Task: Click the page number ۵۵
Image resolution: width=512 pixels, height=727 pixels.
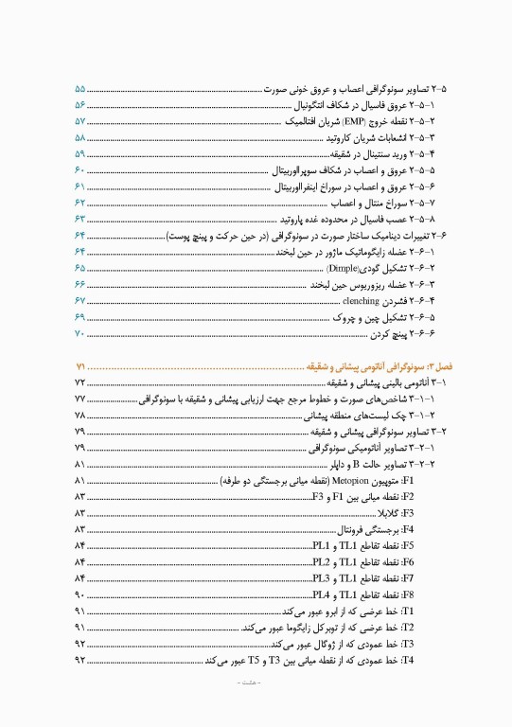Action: tap(79, 88)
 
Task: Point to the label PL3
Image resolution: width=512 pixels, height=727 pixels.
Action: tap(321, 579)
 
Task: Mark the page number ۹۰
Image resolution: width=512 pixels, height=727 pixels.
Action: tap(79, 595)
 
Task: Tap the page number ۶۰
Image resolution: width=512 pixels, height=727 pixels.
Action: tap(79, 170)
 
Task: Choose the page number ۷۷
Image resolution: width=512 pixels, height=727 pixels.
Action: tap(79, 399)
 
